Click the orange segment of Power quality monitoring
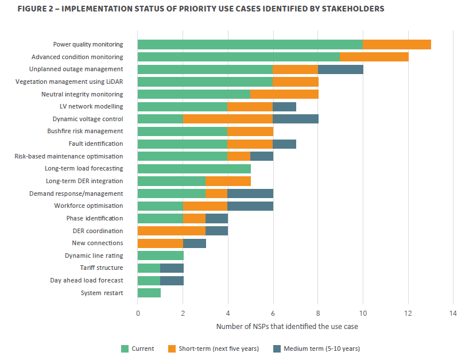[x=397, y=44]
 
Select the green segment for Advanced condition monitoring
[x=238, y=57]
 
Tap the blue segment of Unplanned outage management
[x=340, y=69]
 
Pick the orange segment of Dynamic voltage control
[x=228, y=119]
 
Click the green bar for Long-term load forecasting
[x=194, y=169]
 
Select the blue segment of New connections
[x=194, y=243]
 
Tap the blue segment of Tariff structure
[x=172, y=268]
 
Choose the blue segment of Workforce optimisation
[x=250, y=206]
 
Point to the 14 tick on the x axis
[x=453, y=313]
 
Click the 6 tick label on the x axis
[x=273, y=313]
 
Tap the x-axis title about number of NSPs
[x=287, y=327]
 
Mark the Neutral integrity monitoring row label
[x=82, y=94]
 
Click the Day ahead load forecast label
[x=86, y=281]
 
